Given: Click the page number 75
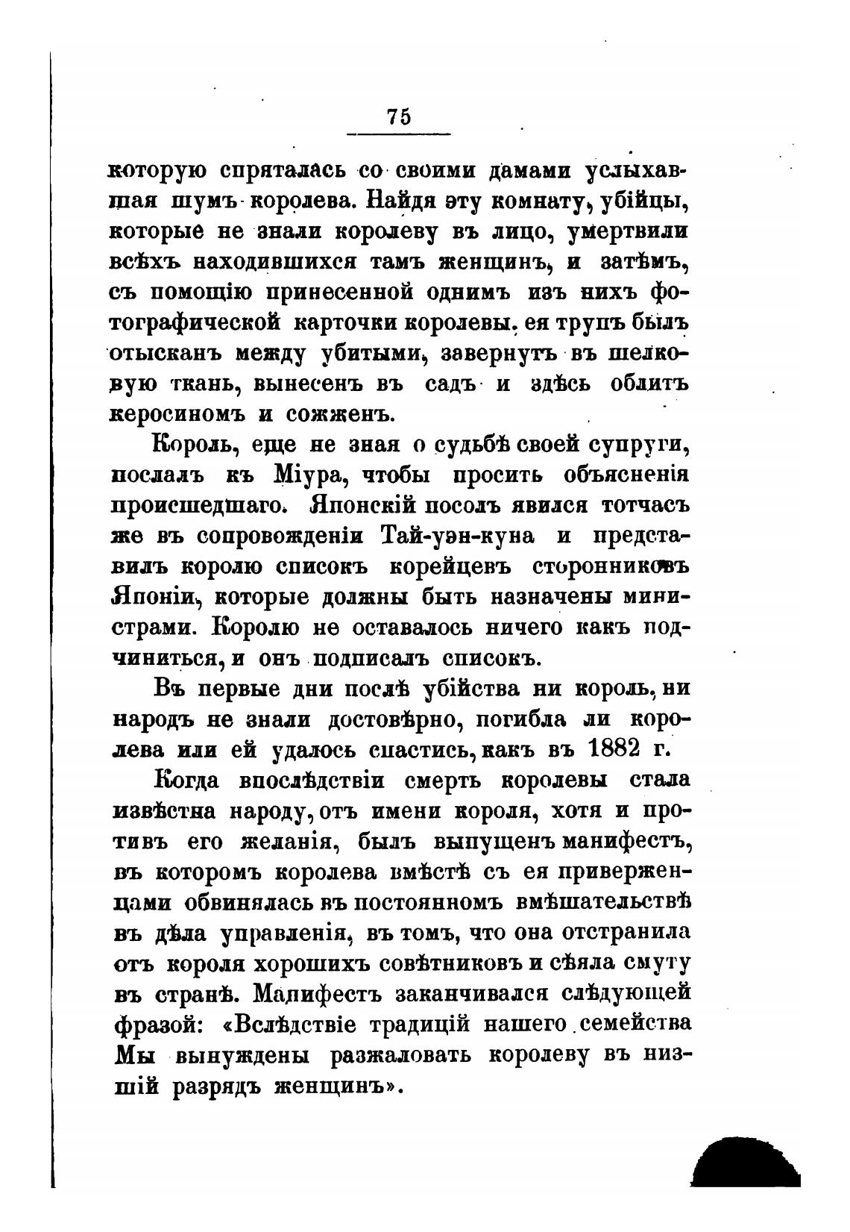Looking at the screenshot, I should [399, 117].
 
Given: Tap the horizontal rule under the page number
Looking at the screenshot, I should [399, 134].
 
